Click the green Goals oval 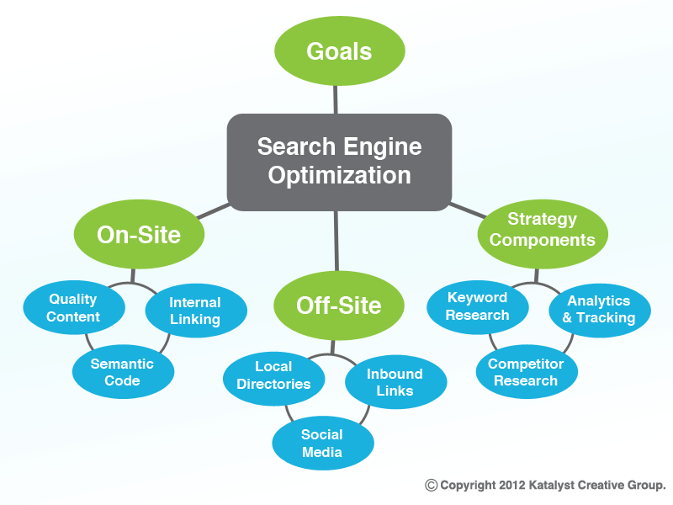pos(340,50)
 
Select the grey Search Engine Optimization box pos(339,162)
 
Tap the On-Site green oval pos(139,234)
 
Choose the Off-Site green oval pos(339,306)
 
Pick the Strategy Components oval pos(543,234)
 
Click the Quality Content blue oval pos(74,307)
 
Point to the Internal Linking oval pos(196,311)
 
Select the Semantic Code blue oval pos(123,371)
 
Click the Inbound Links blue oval pos(395,382)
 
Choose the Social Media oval pos(323,443)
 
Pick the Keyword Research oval pos(478,307)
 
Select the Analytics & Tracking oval pos(600,311)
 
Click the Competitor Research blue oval pos(527,371)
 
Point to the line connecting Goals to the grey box pos(335,99)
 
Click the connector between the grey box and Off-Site pos(336,241)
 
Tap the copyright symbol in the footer pos(431,486)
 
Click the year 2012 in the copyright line pos(512,486)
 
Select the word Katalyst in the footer pos(552,486)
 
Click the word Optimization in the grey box pos(340,176)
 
